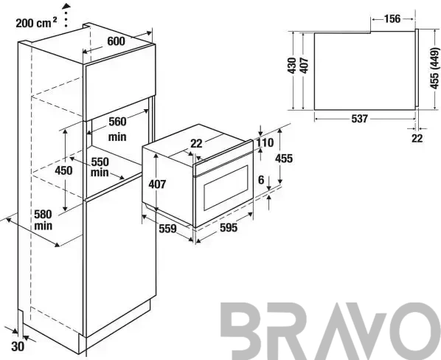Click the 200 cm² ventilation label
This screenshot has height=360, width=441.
(36, 22)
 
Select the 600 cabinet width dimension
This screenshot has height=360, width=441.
(116, 41)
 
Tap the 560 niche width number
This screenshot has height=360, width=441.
(117, 122)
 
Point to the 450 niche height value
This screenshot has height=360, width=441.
(63, 170)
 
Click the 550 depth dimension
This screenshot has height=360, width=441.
(100, 162)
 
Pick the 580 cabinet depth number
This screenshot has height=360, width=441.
(43, 215)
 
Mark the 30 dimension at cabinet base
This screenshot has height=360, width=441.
(18, 347)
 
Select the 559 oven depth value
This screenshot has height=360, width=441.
(167, 229)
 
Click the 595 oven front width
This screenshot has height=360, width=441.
(229, 227)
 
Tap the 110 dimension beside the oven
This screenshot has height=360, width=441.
(265, 142)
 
